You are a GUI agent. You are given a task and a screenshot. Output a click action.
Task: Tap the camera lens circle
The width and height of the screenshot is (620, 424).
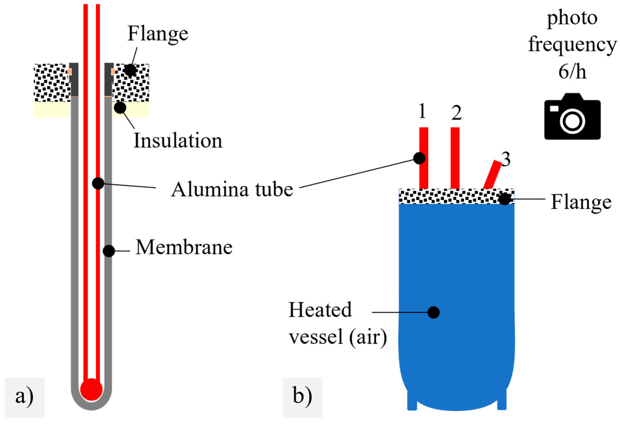click(x=572, y=121)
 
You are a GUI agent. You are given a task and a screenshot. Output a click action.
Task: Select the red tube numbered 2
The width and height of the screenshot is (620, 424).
click(x=455, y=158)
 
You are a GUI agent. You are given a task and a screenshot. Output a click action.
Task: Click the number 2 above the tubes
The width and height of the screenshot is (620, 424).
click(x=456, y=113)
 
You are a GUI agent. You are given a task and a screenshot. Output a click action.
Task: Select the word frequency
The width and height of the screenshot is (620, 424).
click(x=572, y=45)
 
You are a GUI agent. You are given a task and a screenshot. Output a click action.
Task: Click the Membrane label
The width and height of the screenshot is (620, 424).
click(x=184, y=247)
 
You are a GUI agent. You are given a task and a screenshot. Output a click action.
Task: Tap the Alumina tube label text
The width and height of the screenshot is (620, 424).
click(x=232, y=189)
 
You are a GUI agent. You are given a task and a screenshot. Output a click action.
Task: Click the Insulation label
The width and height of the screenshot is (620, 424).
click(x=178, y=140)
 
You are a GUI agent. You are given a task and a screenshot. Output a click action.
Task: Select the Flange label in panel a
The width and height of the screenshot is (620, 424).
click(x=158, y=34)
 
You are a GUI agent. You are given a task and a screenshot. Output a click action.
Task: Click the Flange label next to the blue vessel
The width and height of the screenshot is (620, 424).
click(x=581, y=202)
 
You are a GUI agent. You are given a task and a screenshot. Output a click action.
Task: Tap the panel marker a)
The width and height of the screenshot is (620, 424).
click(x=24, y=396)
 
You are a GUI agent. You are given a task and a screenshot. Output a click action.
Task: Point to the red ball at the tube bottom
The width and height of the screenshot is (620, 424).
click(x=91, y=390)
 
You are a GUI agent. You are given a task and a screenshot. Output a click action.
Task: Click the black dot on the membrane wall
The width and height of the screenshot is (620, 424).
click(x=108, y=251)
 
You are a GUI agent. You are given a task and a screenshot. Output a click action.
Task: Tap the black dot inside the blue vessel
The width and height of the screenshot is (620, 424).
click(x=433, y=312)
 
